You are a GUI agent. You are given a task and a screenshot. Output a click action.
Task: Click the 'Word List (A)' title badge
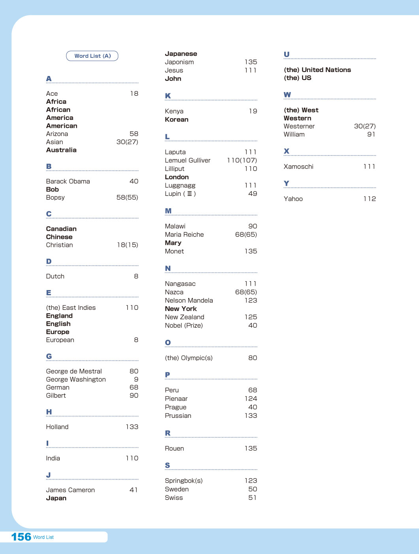pos(92,56)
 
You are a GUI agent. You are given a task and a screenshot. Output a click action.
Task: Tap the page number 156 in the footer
pos(21,537)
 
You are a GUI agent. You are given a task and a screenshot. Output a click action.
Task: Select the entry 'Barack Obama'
pos(68,181)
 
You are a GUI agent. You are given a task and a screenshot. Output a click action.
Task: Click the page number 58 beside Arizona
pos(134,134)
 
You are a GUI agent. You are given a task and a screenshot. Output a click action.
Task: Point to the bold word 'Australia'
pos(61,150)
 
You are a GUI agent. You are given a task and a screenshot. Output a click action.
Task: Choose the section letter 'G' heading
pos(49,356)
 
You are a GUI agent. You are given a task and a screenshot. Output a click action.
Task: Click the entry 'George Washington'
pos(76,379)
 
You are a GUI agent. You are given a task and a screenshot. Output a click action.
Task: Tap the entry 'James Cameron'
pos(70,490)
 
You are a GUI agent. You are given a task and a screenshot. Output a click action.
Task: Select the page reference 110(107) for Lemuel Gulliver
pos(242,160)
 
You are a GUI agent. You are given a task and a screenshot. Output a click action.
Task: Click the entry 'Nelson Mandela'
pos(189,300)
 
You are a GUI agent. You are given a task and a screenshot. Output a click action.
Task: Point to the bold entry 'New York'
pos(181,309)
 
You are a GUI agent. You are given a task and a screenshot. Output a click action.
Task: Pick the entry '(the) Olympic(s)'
pos(189,358)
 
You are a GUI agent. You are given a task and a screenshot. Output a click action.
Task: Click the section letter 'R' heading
pos(168,433)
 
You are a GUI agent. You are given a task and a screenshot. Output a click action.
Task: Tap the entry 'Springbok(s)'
pos(184,481)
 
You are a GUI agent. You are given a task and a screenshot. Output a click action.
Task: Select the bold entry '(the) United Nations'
pos(317,70)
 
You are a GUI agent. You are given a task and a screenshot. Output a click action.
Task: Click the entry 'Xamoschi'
pos(298,167)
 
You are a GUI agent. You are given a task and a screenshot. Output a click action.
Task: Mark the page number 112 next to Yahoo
pos(370,199)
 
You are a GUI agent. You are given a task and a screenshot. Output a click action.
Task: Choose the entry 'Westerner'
pos(299,126)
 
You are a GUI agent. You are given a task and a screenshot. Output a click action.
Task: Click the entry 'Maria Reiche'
pos(184,235)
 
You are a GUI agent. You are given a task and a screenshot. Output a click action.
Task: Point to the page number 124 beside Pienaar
pos(251,398)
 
